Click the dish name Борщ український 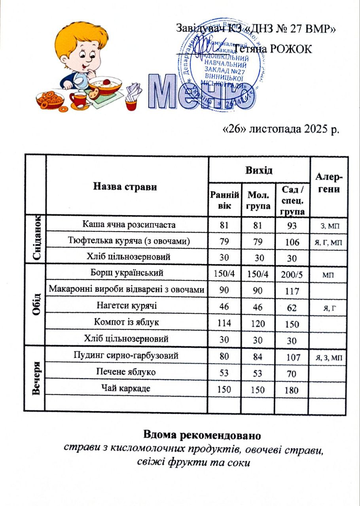coord(127,273)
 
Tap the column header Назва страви coord(125,187)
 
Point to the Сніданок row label coord(36,240)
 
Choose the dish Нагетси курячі coord(127,306)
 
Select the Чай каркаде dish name coord(127,388)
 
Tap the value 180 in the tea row coord(292,391)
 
